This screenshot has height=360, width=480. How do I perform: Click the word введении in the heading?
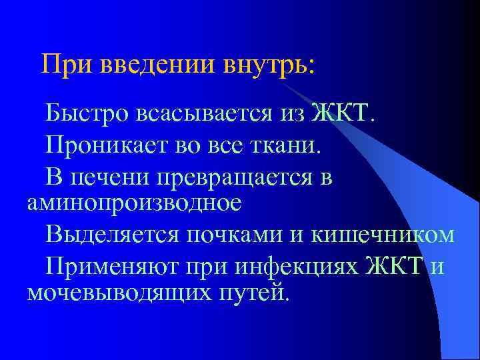pyautogui.click(x=158, y=65)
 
